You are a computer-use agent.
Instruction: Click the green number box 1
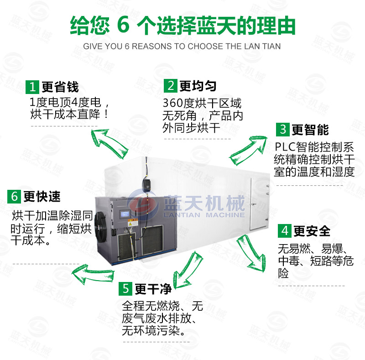point(32,87)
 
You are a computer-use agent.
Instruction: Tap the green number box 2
point(171,86)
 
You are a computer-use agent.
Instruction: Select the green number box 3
point(283,130)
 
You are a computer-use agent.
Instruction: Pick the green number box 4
point(285,231)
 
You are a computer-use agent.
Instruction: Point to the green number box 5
point(125,289)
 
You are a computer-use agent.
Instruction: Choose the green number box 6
point(14,196)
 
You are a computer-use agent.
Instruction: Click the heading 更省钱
point(60,87)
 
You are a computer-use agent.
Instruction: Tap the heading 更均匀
point(198,86)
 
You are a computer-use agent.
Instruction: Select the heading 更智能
point(310,130)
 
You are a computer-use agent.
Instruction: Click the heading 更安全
point(312,231)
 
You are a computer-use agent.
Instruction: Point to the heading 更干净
point(153,289)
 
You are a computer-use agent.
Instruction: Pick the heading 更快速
point(42,197)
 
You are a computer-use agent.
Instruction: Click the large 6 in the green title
point(123,25)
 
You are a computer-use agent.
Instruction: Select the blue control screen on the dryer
point(125,214)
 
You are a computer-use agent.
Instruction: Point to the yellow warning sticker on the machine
point(133,222)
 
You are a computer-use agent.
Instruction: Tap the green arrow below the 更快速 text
point(93,274)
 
